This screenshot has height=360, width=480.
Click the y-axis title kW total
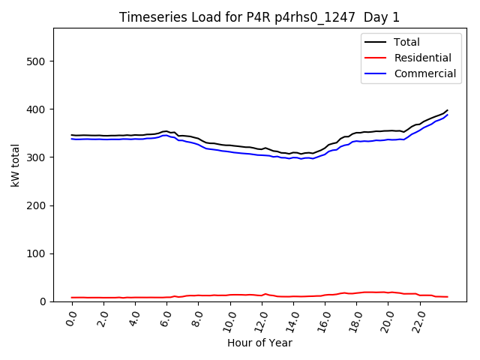[15, 165]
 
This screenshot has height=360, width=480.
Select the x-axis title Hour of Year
[259, 343]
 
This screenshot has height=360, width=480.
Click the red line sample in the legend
[376, 58]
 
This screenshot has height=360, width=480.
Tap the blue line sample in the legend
[376, 73]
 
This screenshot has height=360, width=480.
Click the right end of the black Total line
[448, 110]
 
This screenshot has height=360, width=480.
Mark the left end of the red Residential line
[72, 298]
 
